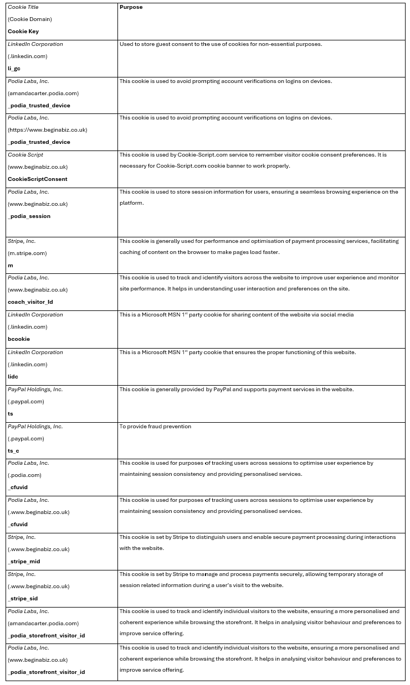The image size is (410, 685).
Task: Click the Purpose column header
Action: coord(131,7)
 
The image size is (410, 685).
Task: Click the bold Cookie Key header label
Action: coord(23,32)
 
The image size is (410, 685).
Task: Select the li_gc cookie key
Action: coord(14,69)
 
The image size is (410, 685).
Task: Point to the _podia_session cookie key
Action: coord(29,216)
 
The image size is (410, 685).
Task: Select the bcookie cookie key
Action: coord(19,339)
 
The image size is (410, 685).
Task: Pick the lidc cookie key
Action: coord(13,377)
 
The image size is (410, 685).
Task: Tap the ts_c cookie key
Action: coord(14,451)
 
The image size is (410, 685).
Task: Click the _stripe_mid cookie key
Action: coord(24,562)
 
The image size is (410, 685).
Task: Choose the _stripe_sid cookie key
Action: coord(23,599)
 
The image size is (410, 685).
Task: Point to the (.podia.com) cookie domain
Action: coord(25,475)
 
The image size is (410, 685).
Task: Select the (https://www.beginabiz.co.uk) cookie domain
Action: coord(48,130)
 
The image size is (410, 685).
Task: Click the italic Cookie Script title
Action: coord(25,155)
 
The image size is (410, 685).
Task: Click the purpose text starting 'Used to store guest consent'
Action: coord(221,44)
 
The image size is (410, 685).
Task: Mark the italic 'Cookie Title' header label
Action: coord(23,7)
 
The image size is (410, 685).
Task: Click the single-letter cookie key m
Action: coord(11,266)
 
